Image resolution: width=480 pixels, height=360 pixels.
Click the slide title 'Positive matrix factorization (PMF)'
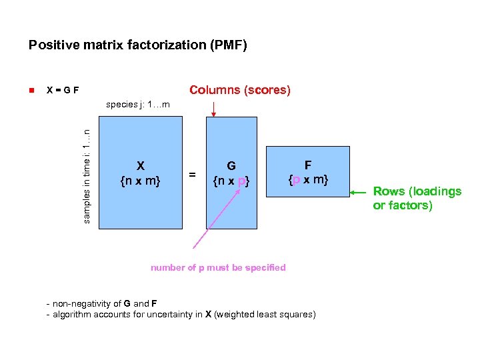click(138, 45)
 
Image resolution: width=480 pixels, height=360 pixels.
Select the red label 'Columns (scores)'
click(240, 90)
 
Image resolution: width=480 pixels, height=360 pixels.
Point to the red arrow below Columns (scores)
click(213, 109)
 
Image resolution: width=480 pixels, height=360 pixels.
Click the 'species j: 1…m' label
click(138, 105)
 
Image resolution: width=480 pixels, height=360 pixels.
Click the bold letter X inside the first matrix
click(140, 165)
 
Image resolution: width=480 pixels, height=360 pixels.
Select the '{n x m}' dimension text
click(140, 179)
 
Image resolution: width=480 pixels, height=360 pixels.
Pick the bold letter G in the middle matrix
click(231, 165)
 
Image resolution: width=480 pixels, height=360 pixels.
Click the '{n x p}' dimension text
click(231, 180)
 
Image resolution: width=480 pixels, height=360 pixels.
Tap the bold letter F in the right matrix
click(307, 165)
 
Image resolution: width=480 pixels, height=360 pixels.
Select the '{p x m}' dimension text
click(307, 179)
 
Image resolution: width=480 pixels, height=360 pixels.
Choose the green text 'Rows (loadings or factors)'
click(417, 198)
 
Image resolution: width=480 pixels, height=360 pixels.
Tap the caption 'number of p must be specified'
click(218, 267)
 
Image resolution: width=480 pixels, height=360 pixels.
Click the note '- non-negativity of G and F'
click(101, 304)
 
